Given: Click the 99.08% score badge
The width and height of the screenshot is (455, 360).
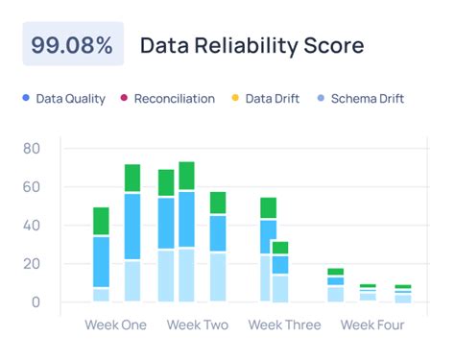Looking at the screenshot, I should point(73,45).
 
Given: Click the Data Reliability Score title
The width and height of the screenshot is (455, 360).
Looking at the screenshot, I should point(251,45).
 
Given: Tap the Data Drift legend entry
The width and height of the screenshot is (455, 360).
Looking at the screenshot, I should point(270,98).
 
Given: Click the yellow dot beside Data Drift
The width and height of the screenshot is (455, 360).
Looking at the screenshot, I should point(236,98).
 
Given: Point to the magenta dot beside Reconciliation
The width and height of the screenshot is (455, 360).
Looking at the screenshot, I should point(123,98).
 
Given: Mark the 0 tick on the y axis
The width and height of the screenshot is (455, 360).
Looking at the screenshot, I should point(35,302).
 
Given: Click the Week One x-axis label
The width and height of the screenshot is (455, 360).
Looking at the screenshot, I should point(116,325).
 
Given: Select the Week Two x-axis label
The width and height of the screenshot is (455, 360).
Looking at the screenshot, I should point(198,325).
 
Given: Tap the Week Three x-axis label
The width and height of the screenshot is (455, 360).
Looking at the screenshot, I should point(284,325).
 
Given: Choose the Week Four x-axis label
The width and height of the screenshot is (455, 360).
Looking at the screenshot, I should point(372,325).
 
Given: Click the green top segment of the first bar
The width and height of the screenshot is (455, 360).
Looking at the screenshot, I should point(101,222).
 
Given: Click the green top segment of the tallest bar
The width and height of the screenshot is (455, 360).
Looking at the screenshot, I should point(186,176).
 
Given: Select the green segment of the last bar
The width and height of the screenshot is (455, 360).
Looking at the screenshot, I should point(403,287).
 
